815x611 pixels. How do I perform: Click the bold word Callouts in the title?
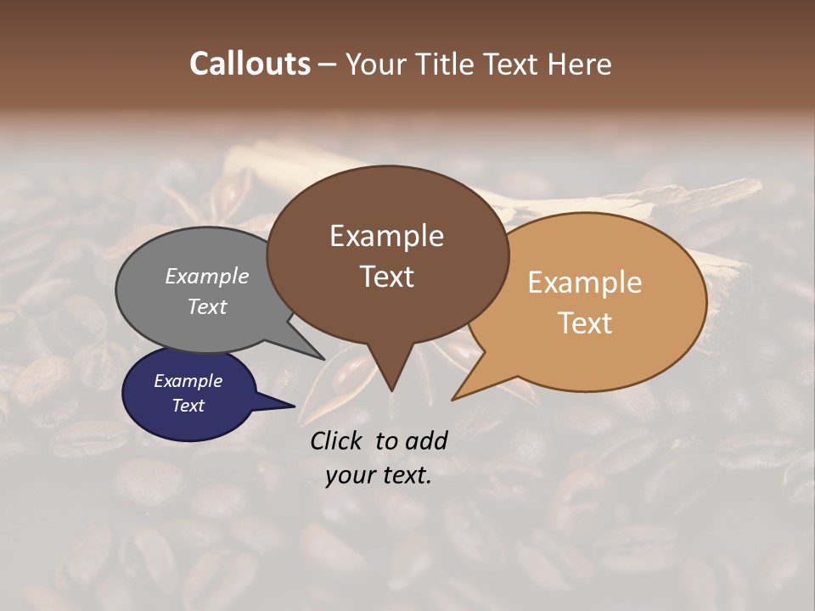tap(250, 64)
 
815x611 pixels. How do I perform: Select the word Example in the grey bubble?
tap(207, 276)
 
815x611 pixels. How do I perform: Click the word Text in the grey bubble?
tap(207, 306)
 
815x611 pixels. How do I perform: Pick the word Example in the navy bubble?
tap(188, 381)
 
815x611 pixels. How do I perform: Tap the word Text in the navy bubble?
tap(188, 406)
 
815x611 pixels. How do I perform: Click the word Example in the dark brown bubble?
tap(386, 236)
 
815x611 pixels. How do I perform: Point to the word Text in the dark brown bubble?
tap(386, 277)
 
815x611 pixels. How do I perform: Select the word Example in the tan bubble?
tap(585, 283)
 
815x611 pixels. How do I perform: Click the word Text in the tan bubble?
tap(585, 323)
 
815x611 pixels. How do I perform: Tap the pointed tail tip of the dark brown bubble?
tap(391, 390)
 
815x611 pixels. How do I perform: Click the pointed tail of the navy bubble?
tap(292, 406)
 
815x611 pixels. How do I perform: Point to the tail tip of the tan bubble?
tap(453, 399)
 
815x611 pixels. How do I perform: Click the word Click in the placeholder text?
tap(338, 440)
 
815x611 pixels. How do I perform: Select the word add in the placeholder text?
tap(426, 440)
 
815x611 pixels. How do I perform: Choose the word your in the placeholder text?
tap(350, 475)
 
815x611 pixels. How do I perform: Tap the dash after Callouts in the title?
tap(328, 64)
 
